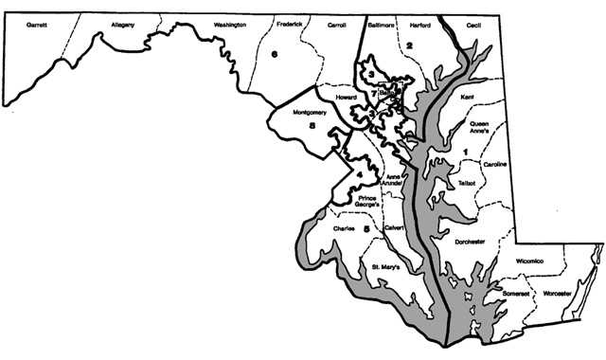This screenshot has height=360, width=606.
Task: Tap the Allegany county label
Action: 123,23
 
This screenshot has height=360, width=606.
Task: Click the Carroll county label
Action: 336,25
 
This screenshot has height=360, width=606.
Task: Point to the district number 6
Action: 274,55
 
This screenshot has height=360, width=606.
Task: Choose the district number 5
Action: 365,227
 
